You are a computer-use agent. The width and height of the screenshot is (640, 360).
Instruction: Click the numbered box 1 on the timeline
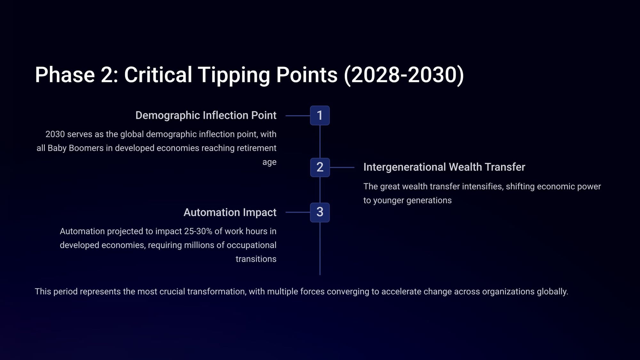tap(320, 116)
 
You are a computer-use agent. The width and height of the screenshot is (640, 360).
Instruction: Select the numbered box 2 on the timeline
tap(320, 167)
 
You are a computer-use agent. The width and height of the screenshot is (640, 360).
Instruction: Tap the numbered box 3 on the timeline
tap(320, 212)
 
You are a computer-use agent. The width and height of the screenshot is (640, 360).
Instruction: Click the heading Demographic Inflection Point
tap(206, 116)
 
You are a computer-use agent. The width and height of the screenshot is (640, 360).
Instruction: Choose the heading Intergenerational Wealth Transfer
tap(444, 167)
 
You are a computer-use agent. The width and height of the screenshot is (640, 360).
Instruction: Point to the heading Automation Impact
tap(230, 212)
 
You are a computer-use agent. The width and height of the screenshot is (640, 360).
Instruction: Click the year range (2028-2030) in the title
tap(404, 75)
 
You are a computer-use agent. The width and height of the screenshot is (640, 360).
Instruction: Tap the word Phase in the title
tap(65, 75)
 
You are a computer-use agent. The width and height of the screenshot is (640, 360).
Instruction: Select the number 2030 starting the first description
tap(55, 134)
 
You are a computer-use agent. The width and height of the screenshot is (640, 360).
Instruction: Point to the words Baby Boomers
tap(76, 148)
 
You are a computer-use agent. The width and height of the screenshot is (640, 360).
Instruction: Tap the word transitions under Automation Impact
tap(256, 259)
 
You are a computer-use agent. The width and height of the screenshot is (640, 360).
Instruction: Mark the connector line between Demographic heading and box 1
tap(298, 116)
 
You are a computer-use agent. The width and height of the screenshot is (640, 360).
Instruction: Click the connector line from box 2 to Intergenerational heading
tap(342, 167)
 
